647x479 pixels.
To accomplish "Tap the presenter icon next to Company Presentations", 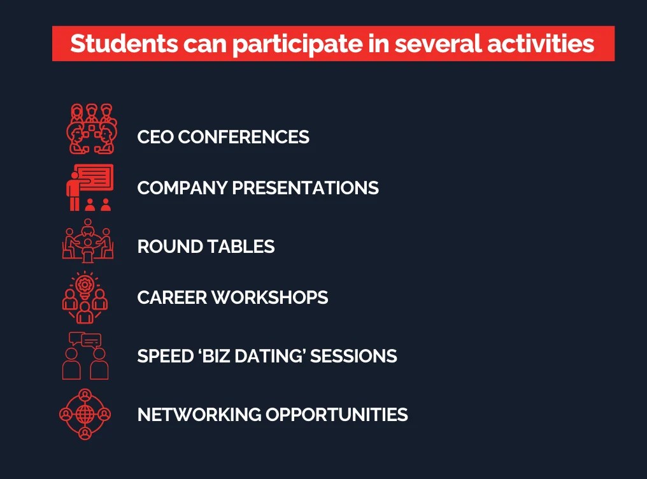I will pyautogui.click(x=90, y=187).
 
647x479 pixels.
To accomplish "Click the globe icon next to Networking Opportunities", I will pyautogui.click(x=85, y=414).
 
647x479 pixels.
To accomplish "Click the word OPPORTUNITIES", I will pyautogui.click(x=337, y=415).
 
